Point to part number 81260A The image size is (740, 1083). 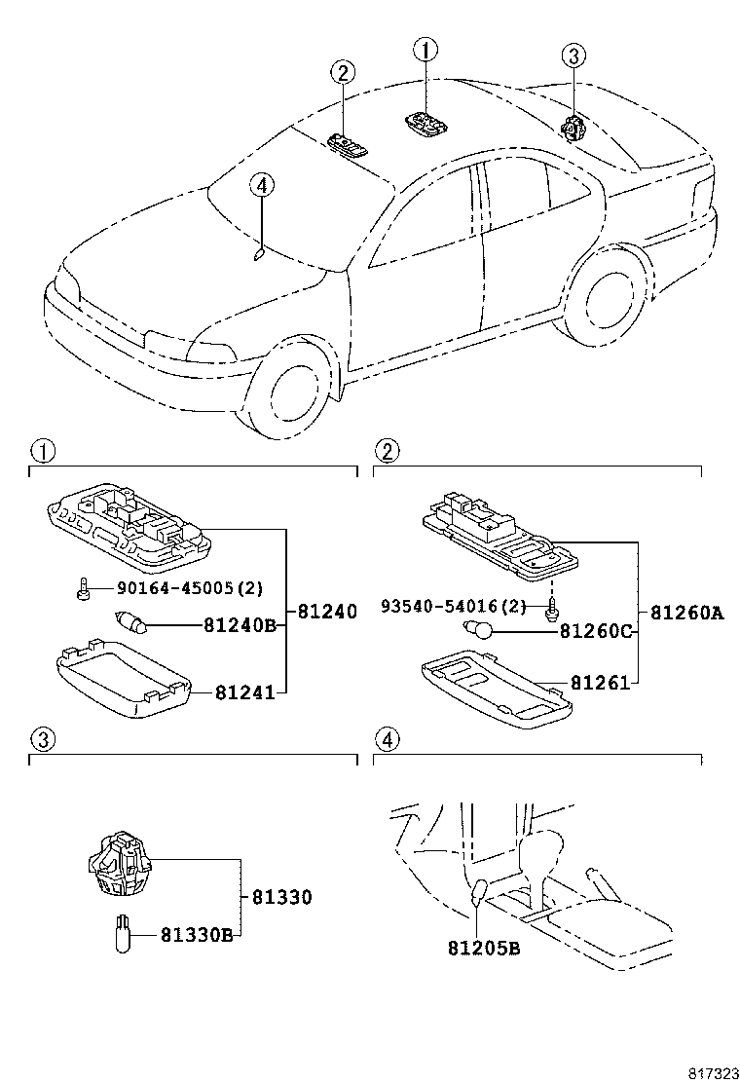[686, 613]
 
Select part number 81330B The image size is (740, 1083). [198, 936]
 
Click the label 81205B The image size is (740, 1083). [484, 946]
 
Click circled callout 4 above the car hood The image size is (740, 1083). [261, 184]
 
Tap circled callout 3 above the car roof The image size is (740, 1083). [573, 56]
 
